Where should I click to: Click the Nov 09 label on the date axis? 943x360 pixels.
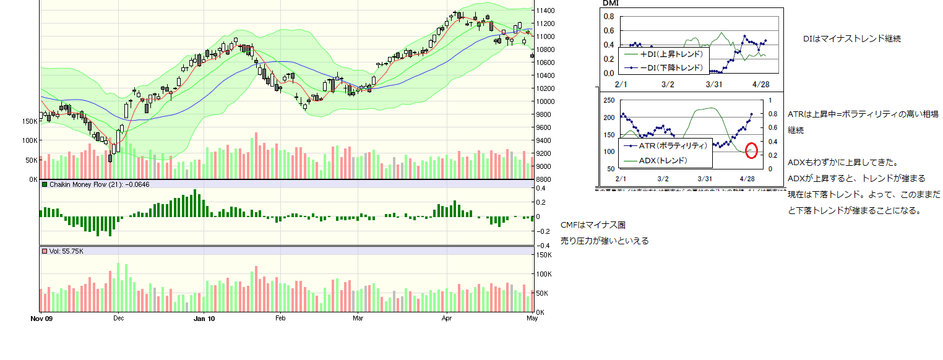pyautogui.click(x=41, y=319)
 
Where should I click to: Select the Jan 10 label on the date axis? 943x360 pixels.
pyautogui.click(x=204, y=319)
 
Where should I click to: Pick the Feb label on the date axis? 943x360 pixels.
pyautogui.click(x=280, y=319)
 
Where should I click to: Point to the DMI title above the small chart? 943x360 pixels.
pyautogui.click(x=610, y=3)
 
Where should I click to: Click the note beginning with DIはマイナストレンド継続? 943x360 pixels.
pyautogui.click(x=851, y=38)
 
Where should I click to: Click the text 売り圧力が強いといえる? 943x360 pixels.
pyautogui.click(x=605, y=241)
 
